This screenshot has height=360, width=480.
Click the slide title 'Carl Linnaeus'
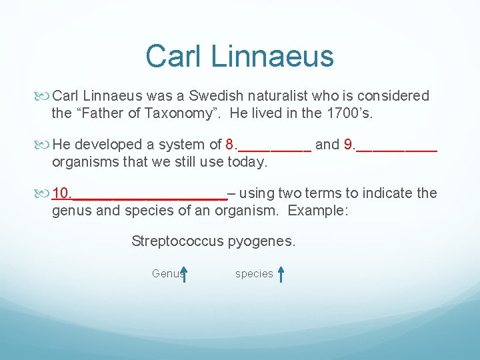point(239,56)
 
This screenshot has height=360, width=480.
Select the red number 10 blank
point(140,193)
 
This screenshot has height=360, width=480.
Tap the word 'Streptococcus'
point(177,241)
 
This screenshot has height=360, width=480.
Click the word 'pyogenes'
point(261,241)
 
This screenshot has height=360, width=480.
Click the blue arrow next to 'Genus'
point(184,274)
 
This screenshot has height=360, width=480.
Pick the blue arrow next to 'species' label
point(281,274)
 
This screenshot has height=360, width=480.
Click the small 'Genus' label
point(166,273)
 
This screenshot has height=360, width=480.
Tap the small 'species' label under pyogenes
point(254,273)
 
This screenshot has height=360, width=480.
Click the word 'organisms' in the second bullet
point(84,161)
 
